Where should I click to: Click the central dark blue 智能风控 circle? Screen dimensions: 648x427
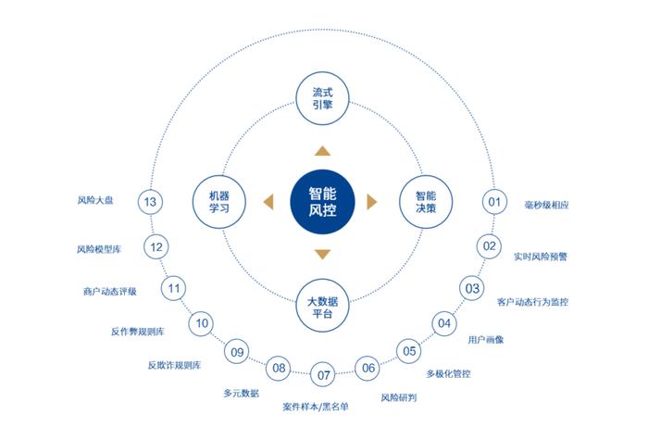click(x=322, y=202)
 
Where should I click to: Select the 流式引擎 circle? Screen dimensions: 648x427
click(x=322, y=98)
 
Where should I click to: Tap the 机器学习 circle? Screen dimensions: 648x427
click(x=219, y=202)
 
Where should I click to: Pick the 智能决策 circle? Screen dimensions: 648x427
click(x=426, y=202)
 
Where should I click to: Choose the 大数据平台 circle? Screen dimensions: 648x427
click(x=322, y=306)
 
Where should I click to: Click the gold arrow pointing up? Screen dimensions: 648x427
click(x=322, y=151)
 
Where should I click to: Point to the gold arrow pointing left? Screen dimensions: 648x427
click(x=268, y=202)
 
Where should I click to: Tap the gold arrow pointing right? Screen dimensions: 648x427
click(x=372, y=202)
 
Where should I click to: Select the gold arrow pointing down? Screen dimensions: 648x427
click(x=322, y=254)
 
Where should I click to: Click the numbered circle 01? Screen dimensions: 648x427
click(x=494, y=202)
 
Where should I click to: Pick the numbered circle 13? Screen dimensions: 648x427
click(x=150, y=202)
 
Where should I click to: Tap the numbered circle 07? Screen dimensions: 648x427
click(x=323, y=374)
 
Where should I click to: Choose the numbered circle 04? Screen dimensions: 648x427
click(x=444, y=323)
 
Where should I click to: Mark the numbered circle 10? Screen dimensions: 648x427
click(x=201, y=323)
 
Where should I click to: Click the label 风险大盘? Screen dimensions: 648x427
click(x=95, y=200)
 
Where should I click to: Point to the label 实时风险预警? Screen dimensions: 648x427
click(x=541, y=257)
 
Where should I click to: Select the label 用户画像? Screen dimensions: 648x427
click(x=486, y=340)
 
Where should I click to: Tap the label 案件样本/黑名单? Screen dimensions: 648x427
click(x=316, y=407)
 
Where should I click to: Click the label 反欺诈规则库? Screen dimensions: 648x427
click(x=174, y=365)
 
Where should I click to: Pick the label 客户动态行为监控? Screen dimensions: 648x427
click(x=532, y=302)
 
